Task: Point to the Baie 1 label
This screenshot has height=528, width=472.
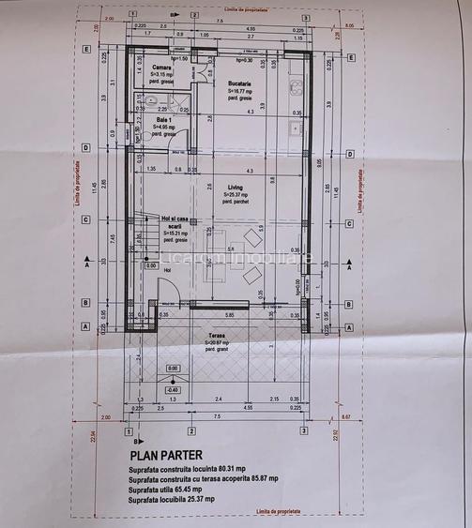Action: point(163,120)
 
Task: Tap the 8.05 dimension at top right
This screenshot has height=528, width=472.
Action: point(350,26)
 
